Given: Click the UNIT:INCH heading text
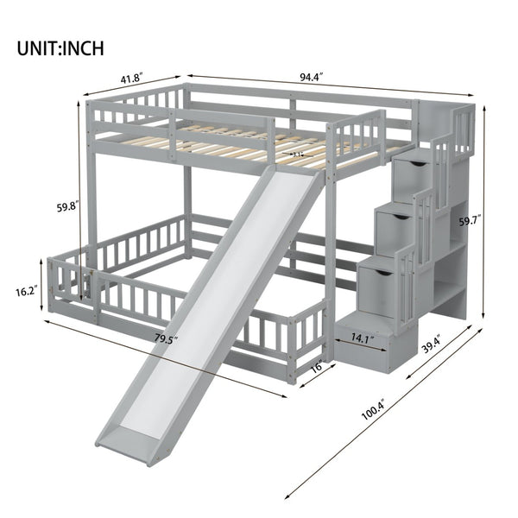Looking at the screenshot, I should (x=60, y=47).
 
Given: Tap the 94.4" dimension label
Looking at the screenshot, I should (x=312, y=76).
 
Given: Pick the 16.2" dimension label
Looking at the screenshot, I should (x=26, y=292).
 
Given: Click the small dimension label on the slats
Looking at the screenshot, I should (x=299, y=155).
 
